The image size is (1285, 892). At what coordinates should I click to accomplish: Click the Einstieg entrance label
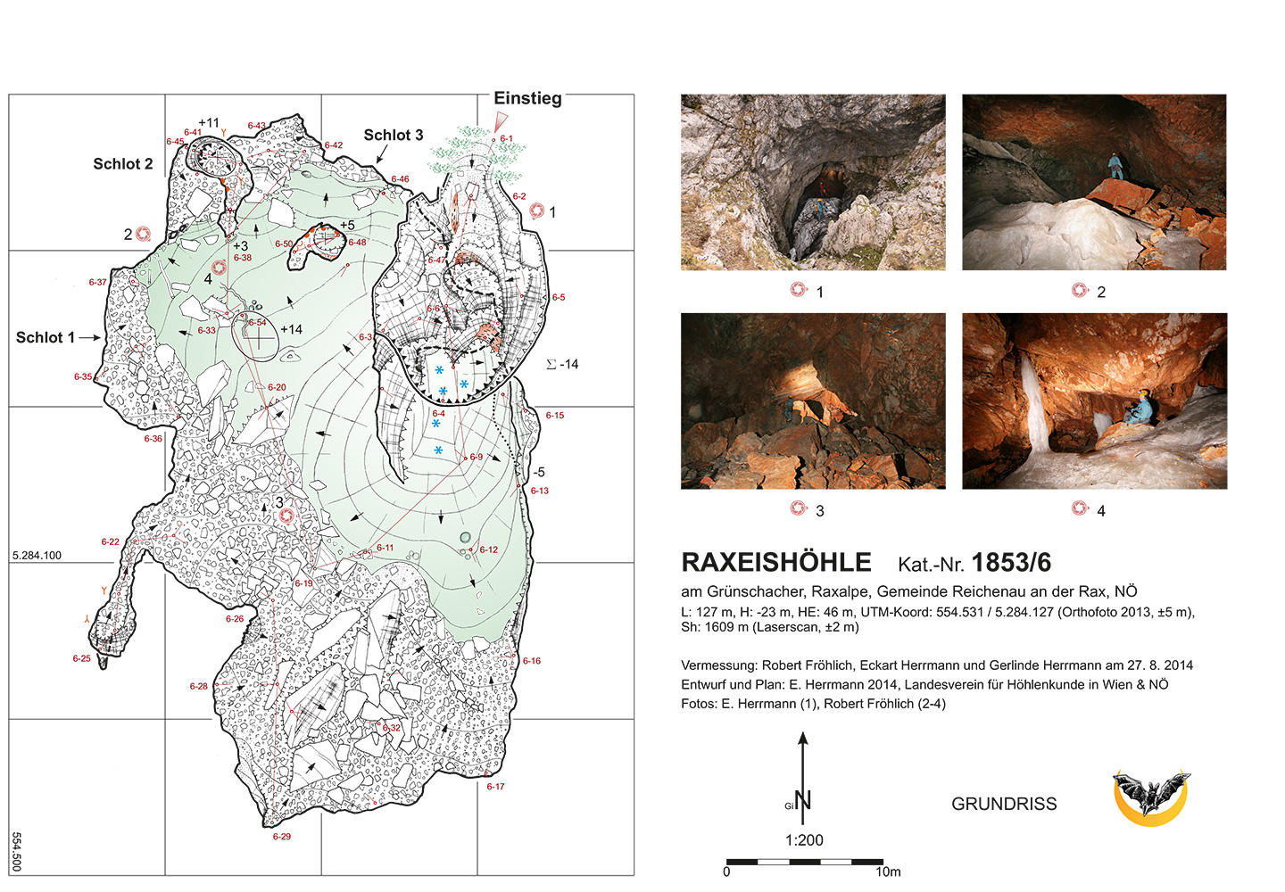coord(527,98)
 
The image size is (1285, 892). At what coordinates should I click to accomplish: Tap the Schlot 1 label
coord(45,337)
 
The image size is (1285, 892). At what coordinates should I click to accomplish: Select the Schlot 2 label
coord(122,164)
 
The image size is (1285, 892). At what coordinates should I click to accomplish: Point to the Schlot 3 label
coord(393,136)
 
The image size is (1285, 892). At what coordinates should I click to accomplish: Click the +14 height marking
coord(291,329)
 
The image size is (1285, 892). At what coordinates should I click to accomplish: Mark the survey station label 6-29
coord(282,837)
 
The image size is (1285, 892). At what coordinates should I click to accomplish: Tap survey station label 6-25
coord(81,658)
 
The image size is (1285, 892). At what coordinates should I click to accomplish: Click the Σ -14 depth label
coord(562,364)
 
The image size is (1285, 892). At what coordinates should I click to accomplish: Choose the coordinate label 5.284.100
coord(37,556)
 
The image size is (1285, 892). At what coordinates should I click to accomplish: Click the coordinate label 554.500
coord(17,852)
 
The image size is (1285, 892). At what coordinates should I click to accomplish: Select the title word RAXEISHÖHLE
coord(775,563)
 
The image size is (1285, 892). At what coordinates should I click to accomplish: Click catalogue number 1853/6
coord(1011,563)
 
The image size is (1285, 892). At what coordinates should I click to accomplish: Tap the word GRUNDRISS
coord(1004,804)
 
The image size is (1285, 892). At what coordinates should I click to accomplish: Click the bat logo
coord(1150,797)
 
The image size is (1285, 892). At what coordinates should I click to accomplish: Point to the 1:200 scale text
coord(804,840)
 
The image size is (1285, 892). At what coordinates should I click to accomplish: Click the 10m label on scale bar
coord(888,871)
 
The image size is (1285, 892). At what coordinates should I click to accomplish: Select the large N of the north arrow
coord(803,800)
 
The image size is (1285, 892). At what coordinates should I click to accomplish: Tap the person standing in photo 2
coord(1115,166)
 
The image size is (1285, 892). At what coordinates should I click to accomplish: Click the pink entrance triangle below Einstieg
coord(501,121)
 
